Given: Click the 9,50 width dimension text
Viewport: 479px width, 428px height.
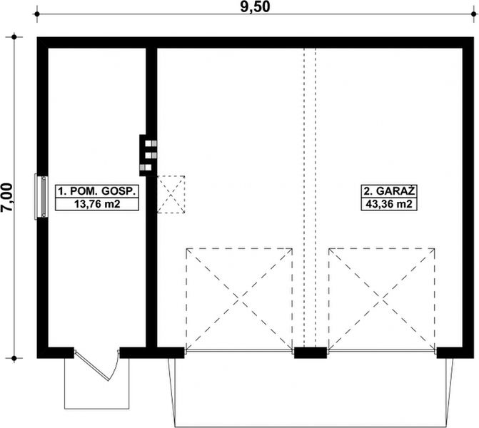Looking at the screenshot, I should click(x=250, y=6).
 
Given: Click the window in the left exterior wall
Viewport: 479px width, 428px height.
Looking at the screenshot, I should click(x=42, y=198).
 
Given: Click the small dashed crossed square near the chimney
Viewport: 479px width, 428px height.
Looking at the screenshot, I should click(x=171, y=194).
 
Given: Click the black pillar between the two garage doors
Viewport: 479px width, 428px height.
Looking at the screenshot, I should click(x=311, y=352).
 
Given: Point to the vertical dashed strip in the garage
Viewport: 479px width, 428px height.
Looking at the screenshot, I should click(x=311, y=178).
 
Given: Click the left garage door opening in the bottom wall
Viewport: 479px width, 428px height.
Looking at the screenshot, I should click(x=239, y=352).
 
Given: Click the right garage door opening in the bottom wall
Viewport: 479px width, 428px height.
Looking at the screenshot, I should click(x=382, y=352).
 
